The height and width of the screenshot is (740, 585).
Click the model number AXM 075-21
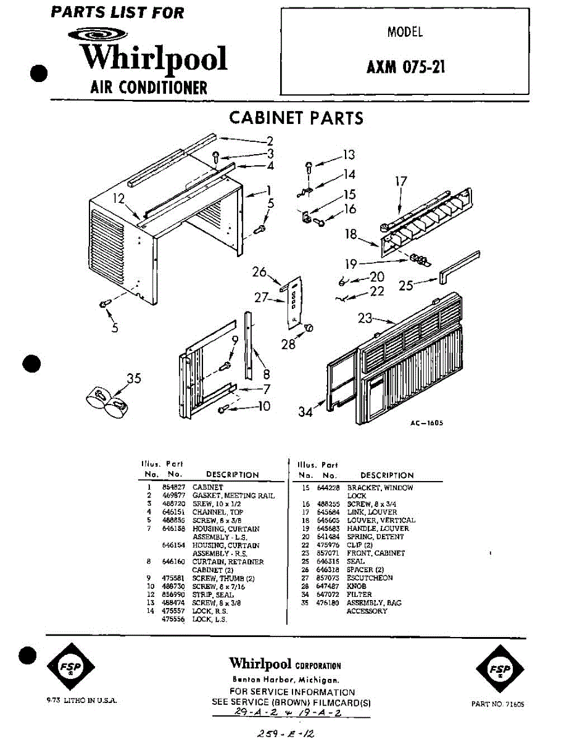click(x=405, y=66)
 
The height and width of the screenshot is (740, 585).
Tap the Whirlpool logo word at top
click(x=154, y=58)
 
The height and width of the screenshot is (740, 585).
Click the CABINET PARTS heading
click(x=296, y=118)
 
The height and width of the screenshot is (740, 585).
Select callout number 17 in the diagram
click(x=402, y=181)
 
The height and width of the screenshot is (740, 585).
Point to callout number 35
click(x=134, y=379)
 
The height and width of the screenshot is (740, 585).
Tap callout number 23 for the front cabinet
click(x=366, y=318)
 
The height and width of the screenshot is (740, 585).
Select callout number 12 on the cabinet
click(x=118, y=199)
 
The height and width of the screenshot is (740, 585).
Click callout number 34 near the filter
click(x=306, y=412)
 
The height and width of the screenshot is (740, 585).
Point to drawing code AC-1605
click(x=426, y=423)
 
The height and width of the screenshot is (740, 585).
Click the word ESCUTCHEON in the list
click(x=370, y=578)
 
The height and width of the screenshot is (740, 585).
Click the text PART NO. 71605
click(x=497, y=704)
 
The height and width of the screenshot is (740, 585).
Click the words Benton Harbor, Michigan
click(x=284, y=679)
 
